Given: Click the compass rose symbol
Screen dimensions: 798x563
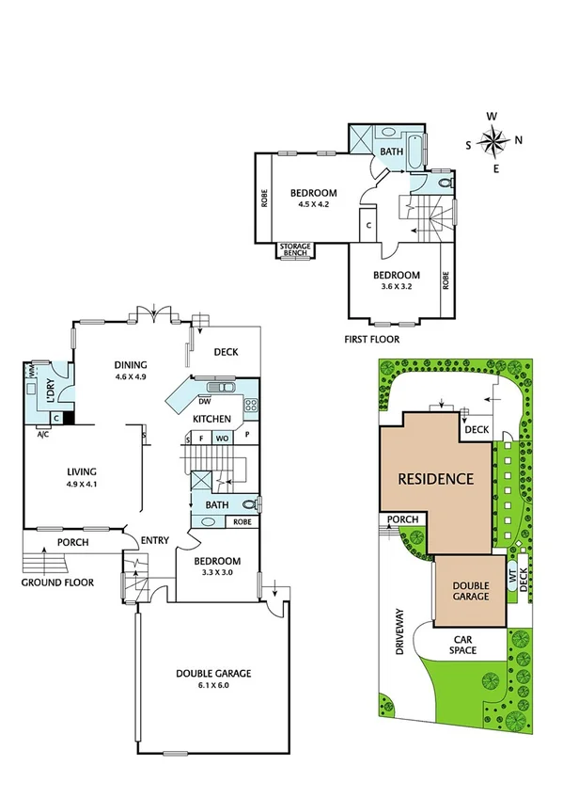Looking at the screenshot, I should click(493, 142).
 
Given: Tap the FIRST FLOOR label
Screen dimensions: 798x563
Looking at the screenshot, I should click(373, 339).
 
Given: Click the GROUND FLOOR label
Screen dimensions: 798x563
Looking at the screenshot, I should click(57, 583).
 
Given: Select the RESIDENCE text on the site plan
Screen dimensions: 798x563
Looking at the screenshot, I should click(435, 478).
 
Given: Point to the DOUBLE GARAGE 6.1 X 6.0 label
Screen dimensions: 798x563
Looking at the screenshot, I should click(212, 679).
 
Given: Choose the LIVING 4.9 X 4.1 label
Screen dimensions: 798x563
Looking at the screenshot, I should click(82, 478).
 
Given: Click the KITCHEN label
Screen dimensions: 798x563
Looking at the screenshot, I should click(212, 418).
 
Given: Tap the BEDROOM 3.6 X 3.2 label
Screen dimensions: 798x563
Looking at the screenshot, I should click(396, 280).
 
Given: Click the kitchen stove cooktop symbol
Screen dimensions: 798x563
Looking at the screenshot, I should click(251, 406).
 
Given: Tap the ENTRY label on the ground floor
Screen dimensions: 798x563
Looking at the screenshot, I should click(154, 540).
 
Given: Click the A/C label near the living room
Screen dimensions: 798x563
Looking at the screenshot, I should click(42, 435).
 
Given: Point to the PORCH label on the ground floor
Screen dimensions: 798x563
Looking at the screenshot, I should click(71, 543).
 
